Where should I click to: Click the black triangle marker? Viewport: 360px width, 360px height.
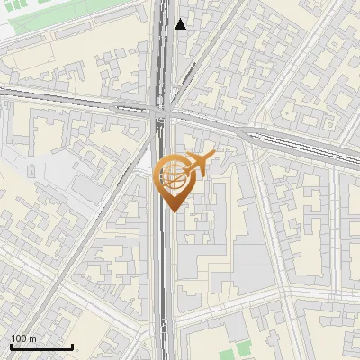click(x=181, y=24)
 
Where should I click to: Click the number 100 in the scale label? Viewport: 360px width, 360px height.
click(x=19, y=337)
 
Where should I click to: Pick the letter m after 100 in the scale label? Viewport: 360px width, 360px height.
click(x=32, y=337)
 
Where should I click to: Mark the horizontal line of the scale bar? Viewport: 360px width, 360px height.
click(x=40, y=346)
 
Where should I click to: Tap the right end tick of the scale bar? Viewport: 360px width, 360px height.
click(x=72, y=346)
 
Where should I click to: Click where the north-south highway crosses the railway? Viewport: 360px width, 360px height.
click(x=163, y=113)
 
